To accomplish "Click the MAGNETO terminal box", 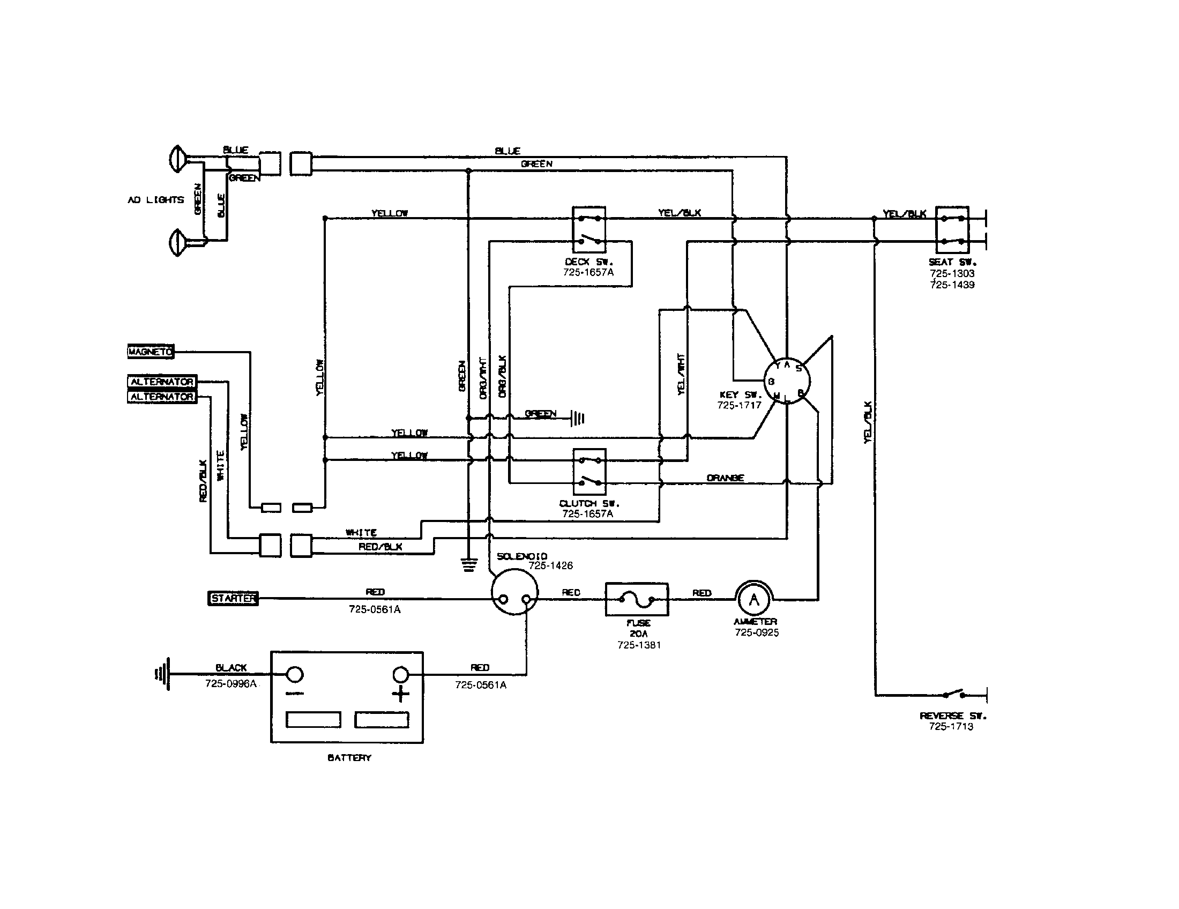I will (151, 352).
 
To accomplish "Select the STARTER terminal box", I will (233, 598).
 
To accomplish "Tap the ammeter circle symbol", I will (754, 599).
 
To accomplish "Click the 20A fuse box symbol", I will (637, 599).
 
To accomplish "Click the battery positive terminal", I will (400, 674).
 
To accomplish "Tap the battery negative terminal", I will (294, 674).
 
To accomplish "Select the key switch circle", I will (786, 381).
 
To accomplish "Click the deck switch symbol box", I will (589, 229).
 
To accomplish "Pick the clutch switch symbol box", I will (589, 471).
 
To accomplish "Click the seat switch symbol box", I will (952, 229).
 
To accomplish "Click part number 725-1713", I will (951, 727).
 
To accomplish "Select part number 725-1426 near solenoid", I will (550, 565).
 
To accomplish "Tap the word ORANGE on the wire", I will (725, 478).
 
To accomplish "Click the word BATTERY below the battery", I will (349, 758).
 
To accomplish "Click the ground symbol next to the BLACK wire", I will (163, 674).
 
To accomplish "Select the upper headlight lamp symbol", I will (177, 159).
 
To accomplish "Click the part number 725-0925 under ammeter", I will (756, 632).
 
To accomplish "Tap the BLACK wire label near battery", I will (231, 668).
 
